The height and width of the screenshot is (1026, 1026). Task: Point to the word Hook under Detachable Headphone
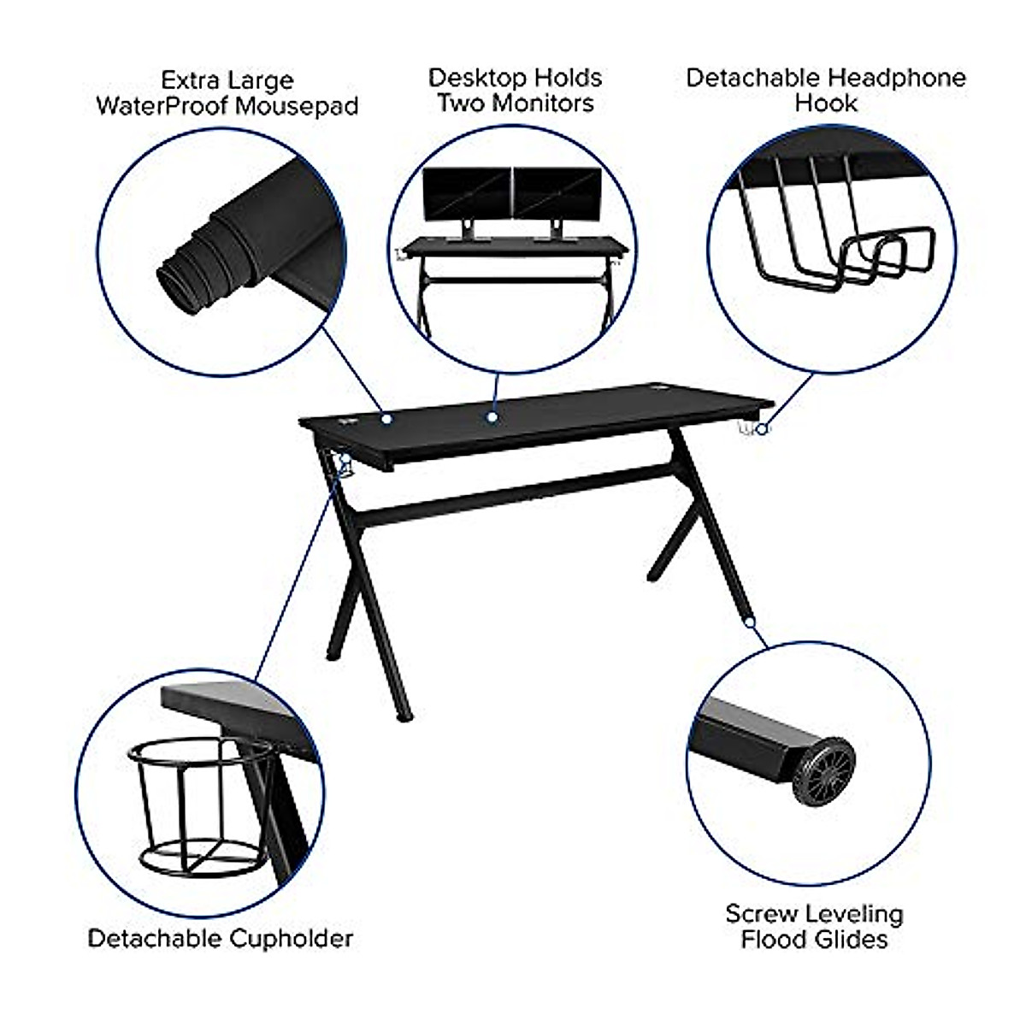click(826, 103)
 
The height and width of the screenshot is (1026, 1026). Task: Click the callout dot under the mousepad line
click(386, 419)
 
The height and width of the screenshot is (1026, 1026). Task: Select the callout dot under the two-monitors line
click(492, 417)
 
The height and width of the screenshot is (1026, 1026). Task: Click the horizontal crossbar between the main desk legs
click(513, 492)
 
